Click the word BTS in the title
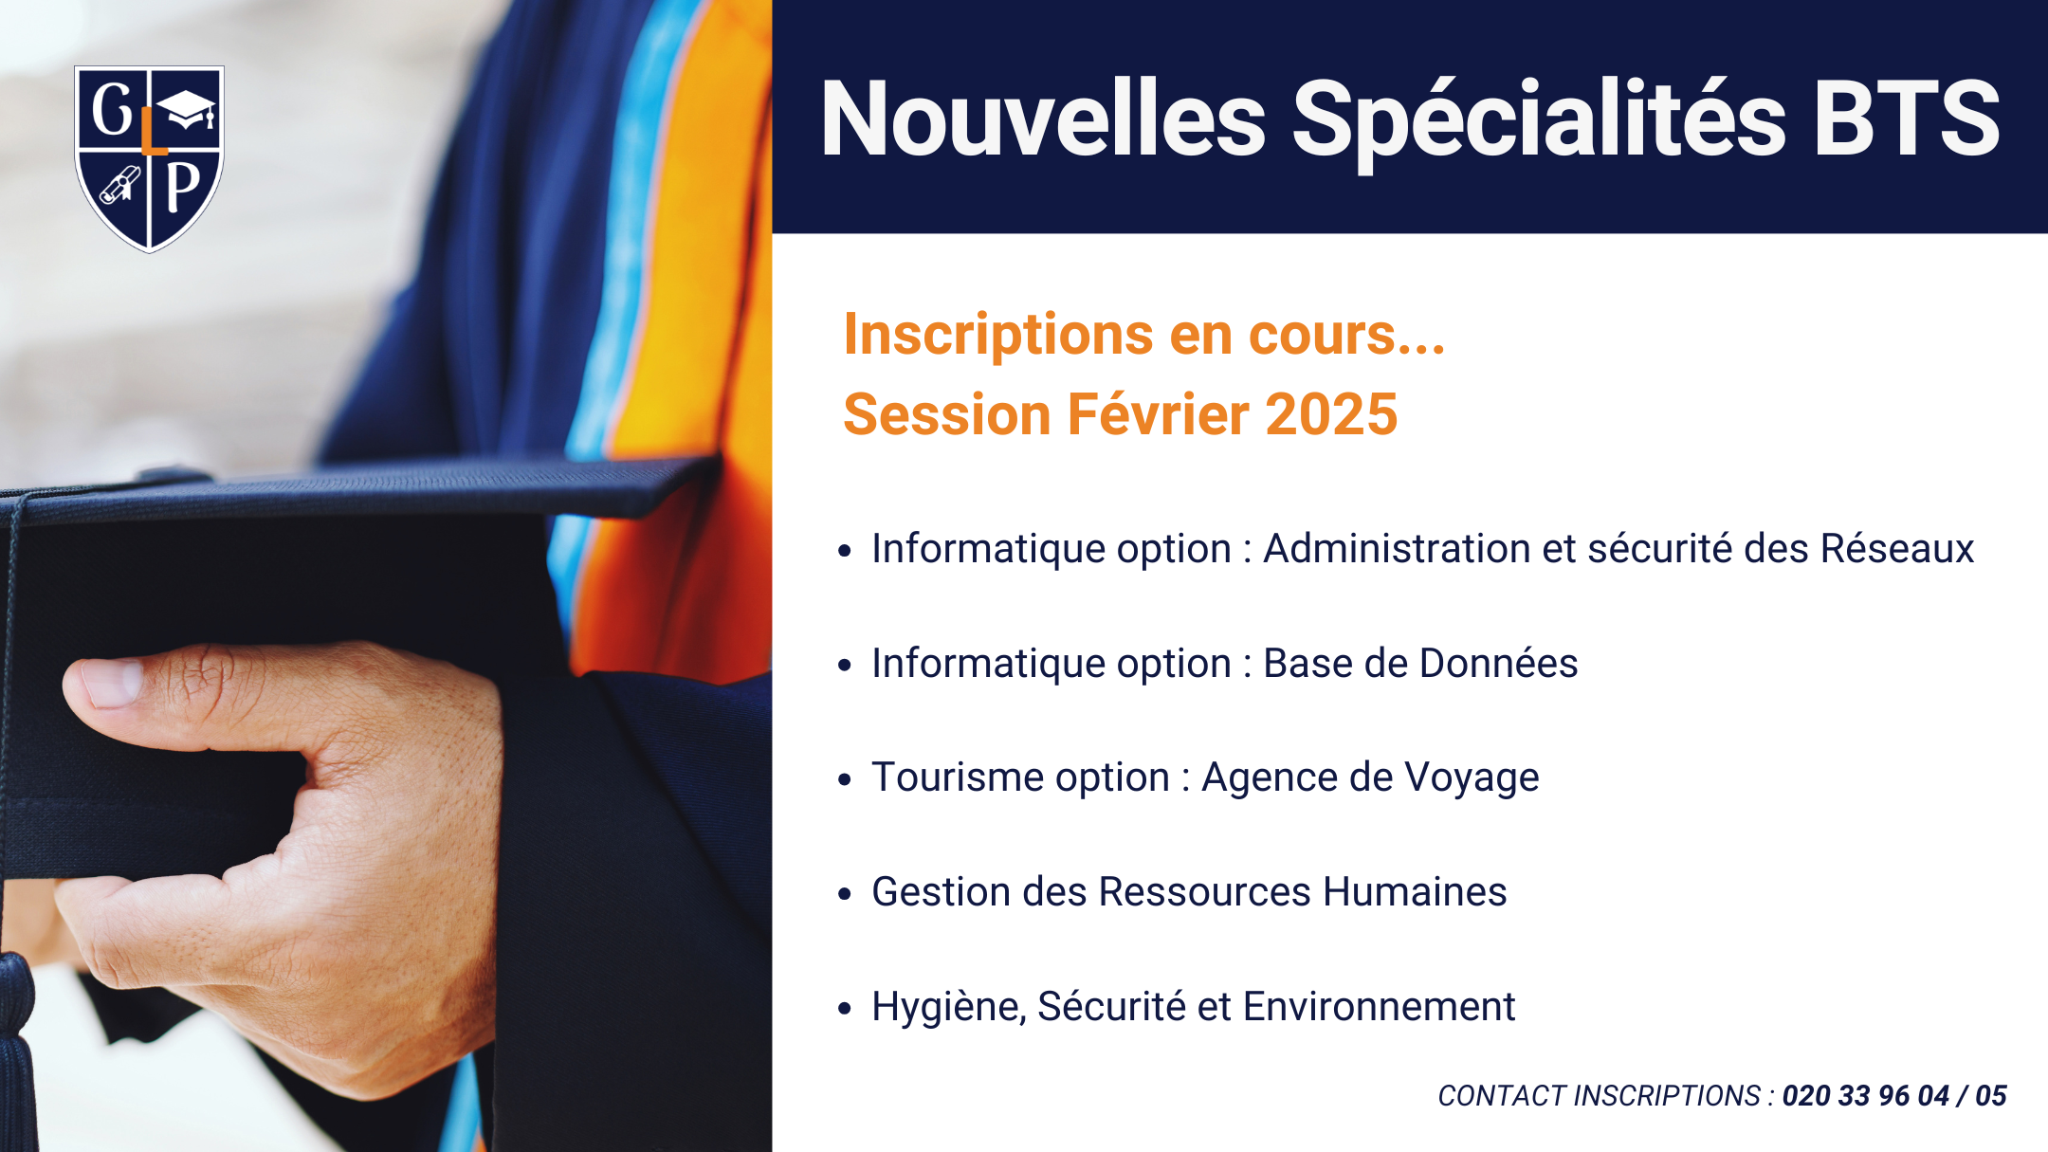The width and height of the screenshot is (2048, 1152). point(1907,119)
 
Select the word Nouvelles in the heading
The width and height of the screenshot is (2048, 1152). point(1043,119)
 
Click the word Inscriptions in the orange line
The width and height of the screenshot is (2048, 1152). point(998,336)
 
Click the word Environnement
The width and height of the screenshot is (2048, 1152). point(1379,1006)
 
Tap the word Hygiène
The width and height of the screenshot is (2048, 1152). point(949,1008)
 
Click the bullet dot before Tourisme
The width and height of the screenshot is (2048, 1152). point(845,779)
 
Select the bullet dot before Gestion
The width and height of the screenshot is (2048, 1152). point(845,893)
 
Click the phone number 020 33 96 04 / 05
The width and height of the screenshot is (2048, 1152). point(1894,1096)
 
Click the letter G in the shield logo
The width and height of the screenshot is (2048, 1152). point(113,109)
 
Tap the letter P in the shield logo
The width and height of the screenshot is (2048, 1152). point(183,187)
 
